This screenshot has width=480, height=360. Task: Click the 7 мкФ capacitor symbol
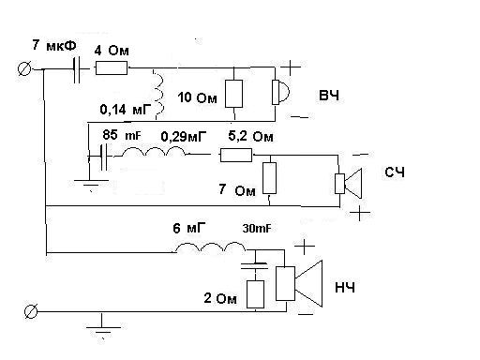[x=77, y=69]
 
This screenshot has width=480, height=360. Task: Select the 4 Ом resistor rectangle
[x=112, y=67]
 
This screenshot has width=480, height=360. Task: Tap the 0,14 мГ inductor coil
[x=158, y=94]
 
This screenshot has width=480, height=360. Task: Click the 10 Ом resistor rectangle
[x=234, y=94]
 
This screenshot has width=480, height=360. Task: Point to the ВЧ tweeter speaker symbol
[x=280, y=92]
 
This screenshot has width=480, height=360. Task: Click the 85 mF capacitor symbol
[x=105, y=157]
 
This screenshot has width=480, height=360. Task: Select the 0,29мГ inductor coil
[x=154, y=152]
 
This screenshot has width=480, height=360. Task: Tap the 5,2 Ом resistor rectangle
[x=236, y=155]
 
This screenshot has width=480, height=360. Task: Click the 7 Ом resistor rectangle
[x=269, y=178]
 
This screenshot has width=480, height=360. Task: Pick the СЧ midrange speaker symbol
[x=348, y=184]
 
